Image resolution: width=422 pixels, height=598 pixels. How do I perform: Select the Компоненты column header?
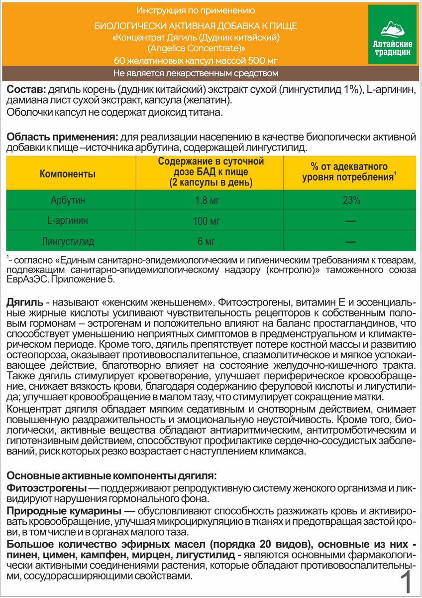tap(68, 174)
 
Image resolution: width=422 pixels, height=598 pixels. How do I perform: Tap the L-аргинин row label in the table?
tap(68, 221)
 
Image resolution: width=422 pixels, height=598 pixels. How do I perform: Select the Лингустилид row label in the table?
tap(68, 242)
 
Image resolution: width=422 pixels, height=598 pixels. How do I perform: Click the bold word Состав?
tap(25, 90)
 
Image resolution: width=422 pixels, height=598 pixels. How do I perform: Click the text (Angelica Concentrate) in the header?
tap(196, 49)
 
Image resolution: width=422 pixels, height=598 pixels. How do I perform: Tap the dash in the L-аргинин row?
tap(350, 221)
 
